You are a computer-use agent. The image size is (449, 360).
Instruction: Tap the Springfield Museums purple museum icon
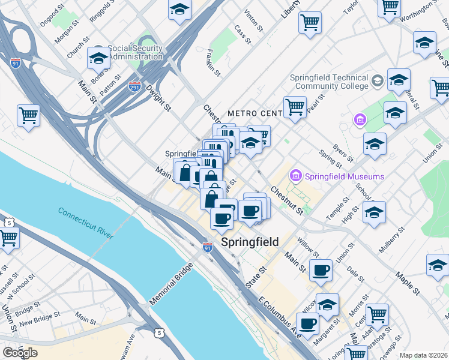[296, 176]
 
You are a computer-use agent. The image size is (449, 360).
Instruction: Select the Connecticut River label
[86, 223]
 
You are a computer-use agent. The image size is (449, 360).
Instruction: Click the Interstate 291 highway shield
[135, 88]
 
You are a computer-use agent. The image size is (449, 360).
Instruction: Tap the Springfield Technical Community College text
[329, 82]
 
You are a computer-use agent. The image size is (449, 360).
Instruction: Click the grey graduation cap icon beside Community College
[378, 80]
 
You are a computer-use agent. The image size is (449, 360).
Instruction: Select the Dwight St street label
[158, 98]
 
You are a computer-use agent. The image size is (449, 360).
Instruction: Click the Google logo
[20, 353]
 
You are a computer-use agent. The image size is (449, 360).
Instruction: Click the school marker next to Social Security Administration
[98, 58]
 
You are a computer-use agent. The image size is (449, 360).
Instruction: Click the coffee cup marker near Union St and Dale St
[321, 271]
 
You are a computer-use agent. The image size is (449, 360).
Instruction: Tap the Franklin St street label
[214, 62]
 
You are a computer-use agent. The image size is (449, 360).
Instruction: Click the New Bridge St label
[40, 318]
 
